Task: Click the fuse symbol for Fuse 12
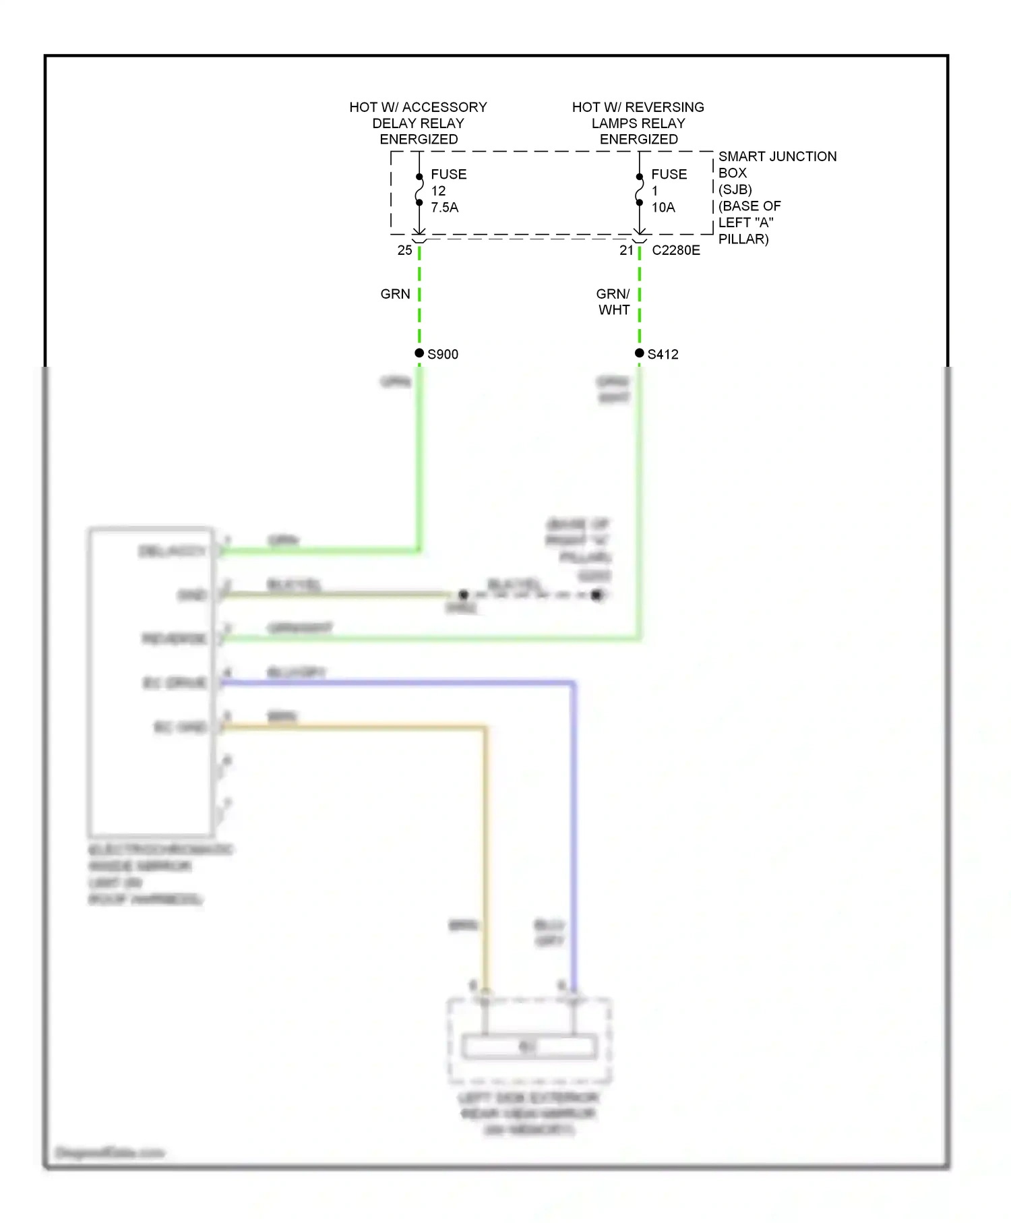click(x=419, y=189)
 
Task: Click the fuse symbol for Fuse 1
click(x=640, y=189)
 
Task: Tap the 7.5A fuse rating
click(x=445, y=208)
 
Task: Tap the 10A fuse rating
click(x=663, y=208)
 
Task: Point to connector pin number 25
click(x=404, y=250)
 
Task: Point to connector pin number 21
click(x=626, y=250)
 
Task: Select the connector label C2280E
click(x=676, y=250)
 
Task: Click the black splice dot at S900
click(x=419, y=353)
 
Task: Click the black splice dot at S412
click(x=640, y=353)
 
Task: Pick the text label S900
click(x=443, y=355)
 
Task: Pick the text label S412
click(x=663, y=355)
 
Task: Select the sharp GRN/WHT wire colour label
click(x=613, y=302)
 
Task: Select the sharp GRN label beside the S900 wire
click(x=395, y=294)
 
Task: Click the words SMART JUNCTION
click(x=777, y=156)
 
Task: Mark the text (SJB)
click(x=735, y=189)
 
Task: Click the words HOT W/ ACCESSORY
click(x=418, y=107)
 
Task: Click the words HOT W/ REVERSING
click(x=638, y=107)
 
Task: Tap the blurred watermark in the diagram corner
click(x=110, y=1153)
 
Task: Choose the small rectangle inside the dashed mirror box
click(x=529, y=1046)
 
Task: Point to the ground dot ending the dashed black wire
click(x=596, y=595)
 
